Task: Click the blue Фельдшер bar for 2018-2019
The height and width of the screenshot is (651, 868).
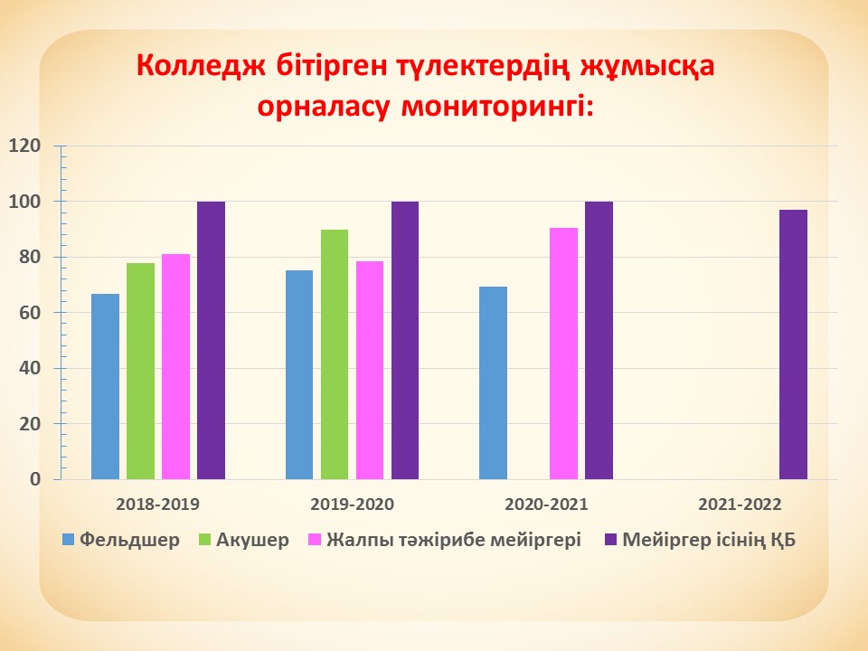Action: (x=105, y=386)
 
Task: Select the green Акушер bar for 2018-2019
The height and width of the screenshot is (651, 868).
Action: (x=141, y=371)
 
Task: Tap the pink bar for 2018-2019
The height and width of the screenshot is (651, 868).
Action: (x=176, y=366)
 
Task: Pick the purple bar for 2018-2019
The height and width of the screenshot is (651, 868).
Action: (x=211, y=341)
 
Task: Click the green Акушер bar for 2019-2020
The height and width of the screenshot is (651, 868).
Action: (x=335, y=354)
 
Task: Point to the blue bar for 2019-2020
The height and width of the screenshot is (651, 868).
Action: (x=299, y=374)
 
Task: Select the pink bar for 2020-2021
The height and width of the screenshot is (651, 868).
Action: (x=563, y=354)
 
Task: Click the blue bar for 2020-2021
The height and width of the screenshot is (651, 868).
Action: (x=494, y=383)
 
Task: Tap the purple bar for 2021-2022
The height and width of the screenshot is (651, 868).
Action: (x=793, y=344)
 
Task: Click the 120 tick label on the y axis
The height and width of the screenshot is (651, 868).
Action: (x=25, y=146)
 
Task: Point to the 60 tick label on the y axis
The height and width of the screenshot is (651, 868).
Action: (x=30, y=312)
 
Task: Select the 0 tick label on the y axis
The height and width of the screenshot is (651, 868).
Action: (x=35, y=479)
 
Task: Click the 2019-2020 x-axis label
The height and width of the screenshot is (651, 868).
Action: (x=352, y=505)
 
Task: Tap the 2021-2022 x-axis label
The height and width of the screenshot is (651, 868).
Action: (x=740, y=505)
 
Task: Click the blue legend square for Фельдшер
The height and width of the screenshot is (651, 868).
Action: (x=68, y=540)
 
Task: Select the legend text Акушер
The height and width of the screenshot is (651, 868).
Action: (x=252, y=540)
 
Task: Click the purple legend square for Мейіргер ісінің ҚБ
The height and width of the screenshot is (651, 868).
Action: (x=610, y=540)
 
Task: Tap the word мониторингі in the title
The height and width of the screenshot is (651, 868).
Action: (x=497, y=107)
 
